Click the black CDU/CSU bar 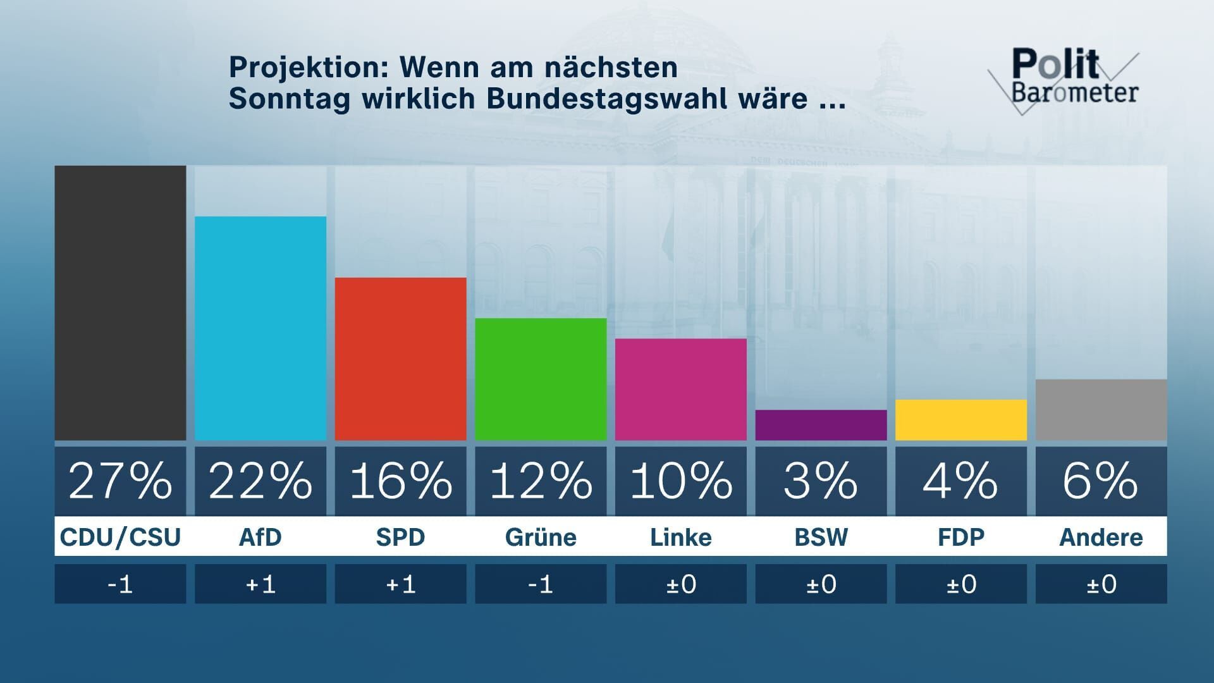coord(120,303)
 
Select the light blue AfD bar coord(261,328)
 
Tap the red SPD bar coord(400,359)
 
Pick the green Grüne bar coord(541,379)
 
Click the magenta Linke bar coord(680,389)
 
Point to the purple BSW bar coord(821,425)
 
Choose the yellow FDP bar coord(961,419)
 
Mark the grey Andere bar coord(1101,410)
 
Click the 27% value coord(120,481)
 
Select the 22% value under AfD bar coord(261,481)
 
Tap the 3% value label coord(821,481)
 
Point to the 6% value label coord(1101,481)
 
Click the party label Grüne coord(541,537)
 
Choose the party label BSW coord(821,537)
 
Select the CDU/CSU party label coord(120,537)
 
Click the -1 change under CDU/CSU coord(120,584)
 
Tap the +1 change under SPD coord(400,584)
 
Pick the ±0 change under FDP coord(961,584)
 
